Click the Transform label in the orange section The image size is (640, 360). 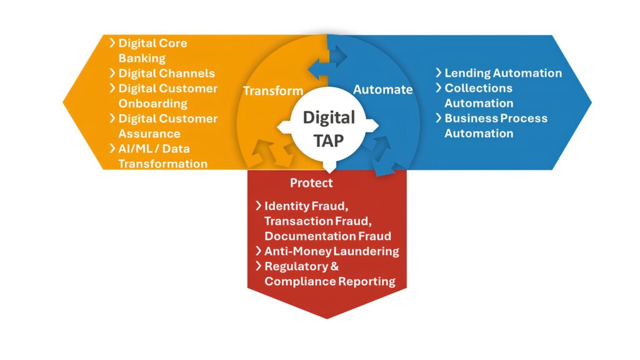272,91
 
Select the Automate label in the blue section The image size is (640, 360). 382,89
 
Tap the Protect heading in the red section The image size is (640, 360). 311,183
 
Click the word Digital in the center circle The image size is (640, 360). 329,117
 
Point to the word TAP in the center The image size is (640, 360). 329,141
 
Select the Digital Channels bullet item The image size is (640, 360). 166,73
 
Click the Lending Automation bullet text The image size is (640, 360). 502,73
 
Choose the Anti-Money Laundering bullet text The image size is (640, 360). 331,251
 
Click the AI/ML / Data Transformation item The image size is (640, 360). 162,156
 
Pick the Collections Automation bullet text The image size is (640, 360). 478,96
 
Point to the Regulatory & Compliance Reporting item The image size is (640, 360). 329,274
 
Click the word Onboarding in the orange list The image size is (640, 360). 152,103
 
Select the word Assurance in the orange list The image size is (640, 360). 149,133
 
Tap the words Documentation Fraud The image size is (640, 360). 327,236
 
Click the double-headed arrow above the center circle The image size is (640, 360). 327,64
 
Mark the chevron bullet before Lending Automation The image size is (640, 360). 439,73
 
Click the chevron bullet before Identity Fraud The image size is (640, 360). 258,206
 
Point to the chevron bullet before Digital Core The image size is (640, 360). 112,43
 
